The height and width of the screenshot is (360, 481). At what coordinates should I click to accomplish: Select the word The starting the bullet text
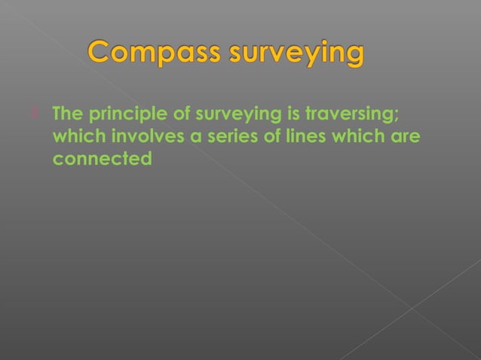tap(68, 115)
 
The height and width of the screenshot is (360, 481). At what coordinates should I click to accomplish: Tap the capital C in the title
tap(101, 53)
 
